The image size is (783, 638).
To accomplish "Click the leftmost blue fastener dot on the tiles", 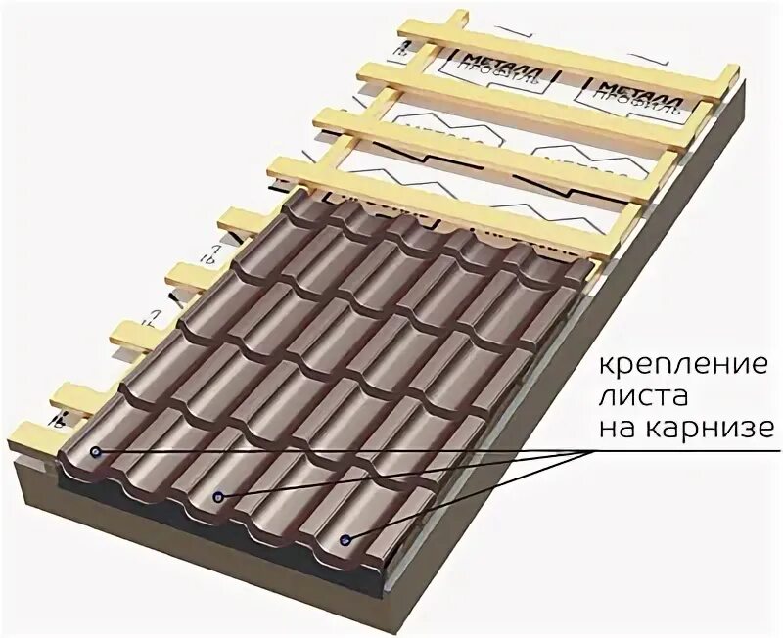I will [x=95, y=452].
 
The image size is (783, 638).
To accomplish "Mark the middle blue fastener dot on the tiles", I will [x=219, y=497].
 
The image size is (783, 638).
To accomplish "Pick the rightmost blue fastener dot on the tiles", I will [x=345, y=539].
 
